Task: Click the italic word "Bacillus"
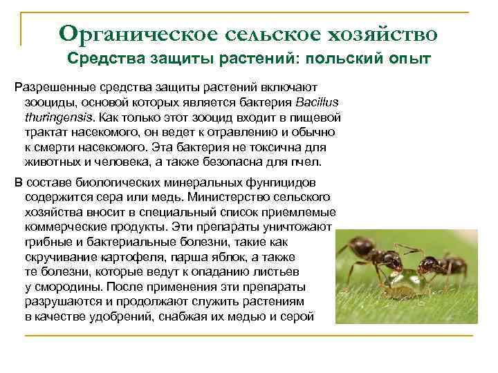point(315,102)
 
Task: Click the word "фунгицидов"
point(284,183)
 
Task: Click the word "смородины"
point(62,287)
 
